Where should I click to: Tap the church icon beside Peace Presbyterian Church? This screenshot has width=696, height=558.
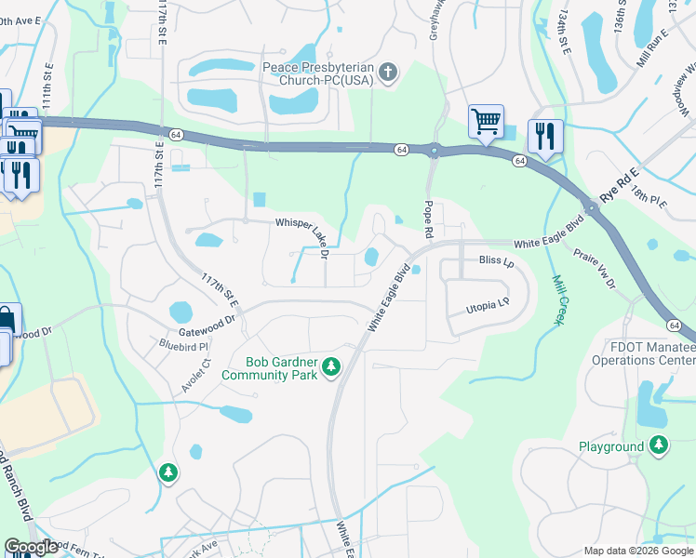tap(389, 73)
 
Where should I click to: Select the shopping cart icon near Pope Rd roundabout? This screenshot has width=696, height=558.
tap(486, 121)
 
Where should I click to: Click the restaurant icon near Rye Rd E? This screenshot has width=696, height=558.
tap(544, 136)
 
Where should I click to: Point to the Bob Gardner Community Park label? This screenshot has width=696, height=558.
tap(269, 369)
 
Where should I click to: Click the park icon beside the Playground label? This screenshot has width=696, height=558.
tap(660, 446)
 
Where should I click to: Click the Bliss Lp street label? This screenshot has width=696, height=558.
tap(496, 262)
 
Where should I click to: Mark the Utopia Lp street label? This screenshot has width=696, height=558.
tap(487, 304)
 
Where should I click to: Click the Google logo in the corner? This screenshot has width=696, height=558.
tap(31, 547)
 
